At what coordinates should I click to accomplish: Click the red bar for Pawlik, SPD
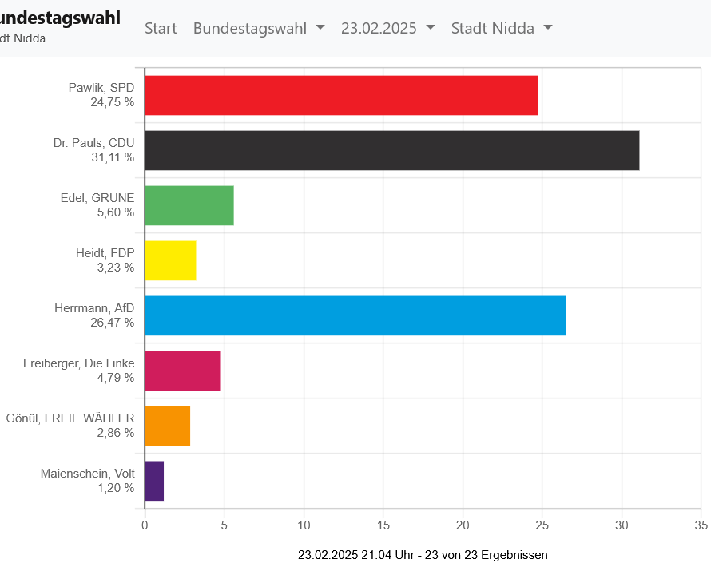[x=341, y=96]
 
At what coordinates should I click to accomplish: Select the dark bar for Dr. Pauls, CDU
[x=391, y=150]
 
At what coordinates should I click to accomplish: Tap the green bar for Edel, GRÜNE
[x=189, y=205]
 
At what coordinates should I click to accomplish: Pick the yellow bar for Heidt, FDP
[x=170, y=260]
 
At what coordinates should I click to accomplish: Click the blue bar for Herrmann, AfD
[x=355, y=315]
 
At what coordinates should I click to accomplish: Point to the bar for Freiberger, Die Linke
[x=183, y=371]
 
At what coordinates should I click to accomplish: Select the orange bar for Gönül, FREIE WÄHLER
[x=167, y=426]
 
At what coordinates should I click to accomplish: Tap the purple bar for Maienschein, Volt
[x=154, y=481]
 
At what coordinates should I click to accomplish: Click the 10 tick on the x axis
[x=304, y=525]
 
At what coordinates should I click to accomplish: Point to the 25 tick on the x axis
[x=542, y=525]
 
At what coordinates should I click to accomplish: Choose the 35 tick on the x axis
[x=701, y=525]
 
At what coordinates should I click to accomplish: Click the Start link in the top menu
[x=161, y=28]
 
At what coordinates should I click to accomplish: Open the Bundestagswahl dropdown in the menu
[x=259, y=28]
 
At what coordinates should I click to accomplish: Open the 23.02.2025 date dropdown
[x=387, y=28]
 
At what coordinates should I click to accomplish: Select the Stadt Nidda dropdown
[x=502, y=28]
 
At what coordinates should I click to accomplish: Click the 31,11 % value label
[x=113, y=157]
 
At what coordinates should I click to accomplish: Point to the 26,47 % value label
[x=113, y=323]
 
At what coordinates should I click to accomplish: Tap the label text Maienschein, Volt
[x=87, y=474]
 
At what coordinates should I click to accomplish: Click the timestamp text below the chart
[x=423, y=555]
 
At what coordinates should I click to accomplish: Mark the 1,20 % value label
[x=116, y=488]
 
